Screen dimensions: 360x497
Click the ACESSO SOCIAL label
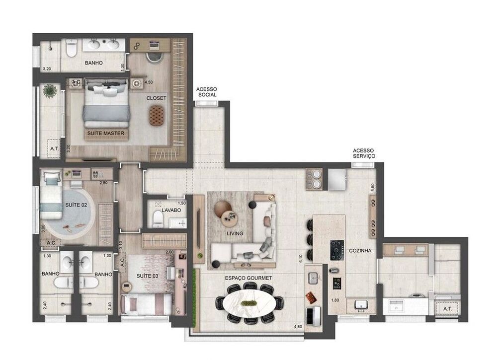207,91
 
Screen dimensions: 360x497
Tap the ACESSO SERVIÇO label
364,153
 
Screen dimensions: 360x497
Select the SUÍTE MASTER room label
105,134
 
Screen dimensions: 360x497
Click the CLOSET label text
156,98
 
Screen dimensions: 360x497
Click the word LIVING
234,233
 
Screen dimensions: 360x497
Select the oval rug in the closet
156,116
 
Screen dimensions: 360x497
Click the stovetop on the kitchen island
337,250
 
